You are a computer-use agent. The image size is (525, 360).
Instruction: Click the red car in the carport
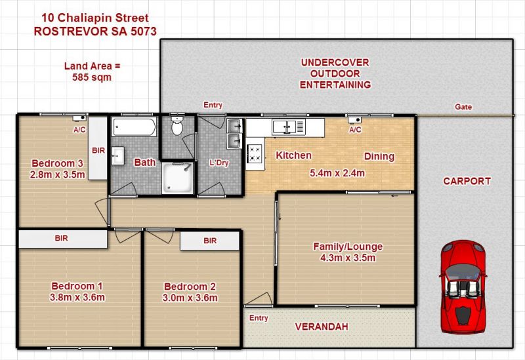tap(463, 287)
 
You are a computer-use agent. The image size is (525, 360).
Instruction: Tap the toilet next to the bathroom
tap(177, 124)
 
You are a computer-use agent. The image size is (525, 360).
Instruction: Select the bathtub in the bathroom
tap(135, 127)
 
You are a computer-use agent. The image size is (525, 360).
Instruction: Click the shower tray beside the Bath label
tap(177, 178)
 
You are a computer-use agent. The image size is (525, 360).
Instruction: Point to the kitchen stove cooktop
tap(255, 153)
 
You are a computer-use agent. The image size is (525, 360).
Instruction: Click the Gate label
tap(463, 107)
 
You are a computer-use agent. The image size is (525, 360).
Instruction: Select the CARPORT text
tap(467, 181)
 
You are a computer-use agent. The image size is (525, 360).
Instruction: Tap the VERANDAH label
tap(322, 327)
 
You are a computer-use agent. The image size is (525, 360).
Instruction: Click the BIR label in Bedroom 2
tap(210, 241)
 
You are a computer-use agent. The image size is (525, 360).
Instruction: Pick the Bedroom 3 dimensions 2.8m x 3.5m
tap(57, 174)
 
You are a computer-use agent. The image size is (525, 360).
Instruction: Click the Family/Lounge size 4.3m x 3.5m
tap(348, 258)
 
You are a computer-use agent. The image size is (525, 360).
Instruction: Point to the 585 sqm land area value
tap(92, 77)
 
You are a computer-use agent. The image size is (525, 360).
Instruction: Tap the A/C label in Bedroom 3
tap(79, 130)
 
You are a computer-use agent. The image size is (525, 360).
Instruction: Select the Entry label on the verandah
tap(259, 318)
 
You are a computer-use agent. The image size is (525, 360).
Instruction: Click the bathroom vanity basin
tap(117, 155)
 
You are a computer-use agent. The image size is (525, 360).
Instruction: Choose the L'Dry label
tap(219, 163)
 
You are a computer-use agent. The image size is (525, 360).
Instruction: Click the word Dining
tap(379, 156)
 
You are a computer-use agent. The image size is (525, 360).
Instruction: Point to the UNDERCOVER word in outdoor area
tap(335, 62)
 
